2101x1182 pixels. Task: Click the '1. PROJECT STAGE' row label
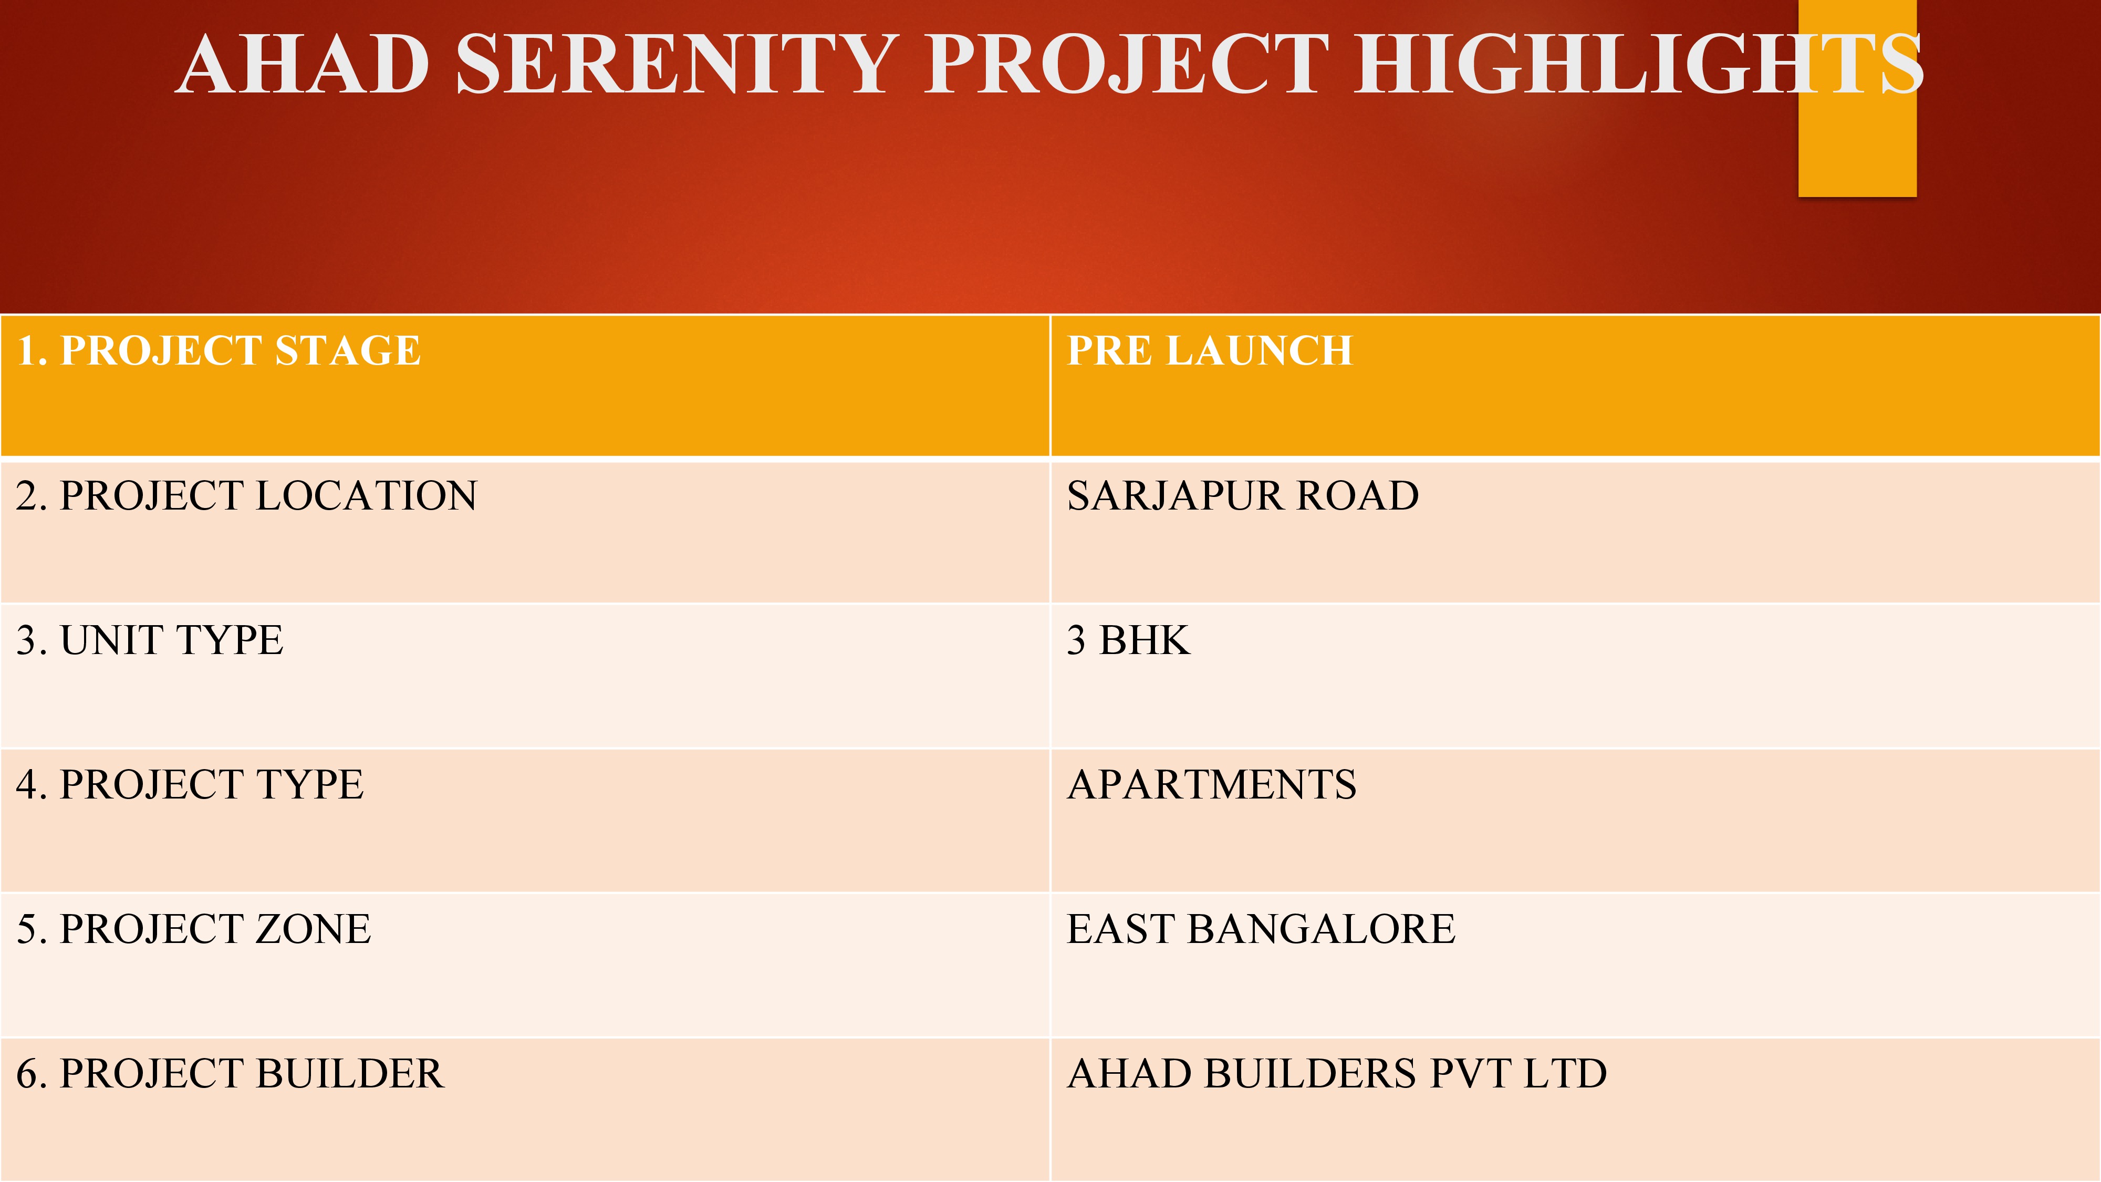point(219,351)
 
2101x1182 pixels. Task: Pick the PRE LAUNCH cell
point(1210,351)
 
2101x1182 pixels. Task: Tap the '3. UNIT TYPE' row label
point(150,640)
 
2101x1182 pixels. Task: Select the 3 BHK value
point(1129,640)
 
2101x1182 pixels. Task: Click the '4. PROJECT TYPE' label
point(190,785)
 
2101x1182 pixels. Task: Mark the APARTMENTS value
point(1212,785)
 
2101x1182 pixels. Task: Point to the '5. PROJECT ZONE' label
point(194,929)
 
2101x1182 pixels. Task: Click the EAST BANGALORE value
point(1261,929)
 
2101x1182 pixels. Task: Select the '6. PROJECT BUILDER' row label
point(231,1073)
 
